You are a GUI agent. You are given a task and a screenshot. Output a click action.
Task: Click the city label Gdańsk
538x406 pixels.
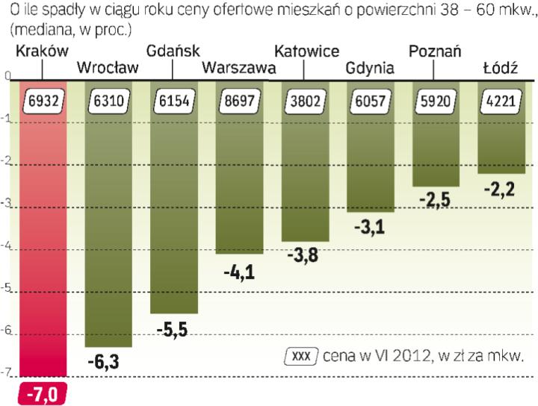[173, 51]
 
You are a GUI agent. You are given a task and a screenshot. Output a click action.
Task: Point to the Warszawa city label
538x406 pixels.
[238, 68]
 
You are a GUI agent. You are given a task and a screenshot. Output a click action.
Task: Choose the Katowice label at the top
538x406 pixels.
[306, 51]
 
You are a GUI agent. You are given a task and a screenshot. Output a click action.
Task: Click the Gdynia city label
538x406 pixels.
[370, 68]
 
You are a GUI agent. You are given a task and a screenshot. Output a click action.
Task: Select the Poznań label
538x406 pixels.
[435, 51]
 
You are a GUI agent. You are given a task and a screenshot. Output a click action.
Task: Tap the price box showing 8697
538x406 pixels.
[239, 100]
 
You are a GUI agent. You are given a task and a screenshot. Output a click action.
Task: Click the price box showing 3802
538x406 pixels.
[305, 100]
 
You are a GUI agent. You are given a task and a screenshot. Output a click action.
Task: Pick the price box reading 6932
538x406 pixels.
[43, 100]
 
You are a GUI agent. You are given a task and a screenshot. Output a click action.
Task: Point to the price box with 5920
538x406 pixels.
[436, 100]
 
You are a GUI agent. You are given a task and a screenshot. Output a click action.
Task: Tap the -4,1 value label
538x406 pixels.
[239, 272]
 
